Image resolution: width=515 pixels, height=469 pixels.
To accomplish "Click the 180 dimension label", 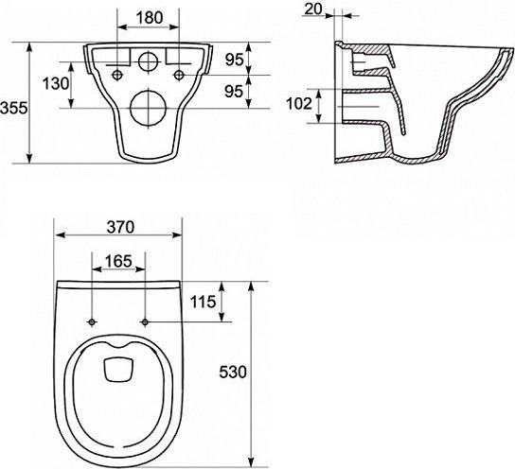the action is coord(150,17).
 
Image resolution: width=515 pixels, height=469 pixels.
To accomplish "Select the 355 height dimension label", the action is coord(14,108).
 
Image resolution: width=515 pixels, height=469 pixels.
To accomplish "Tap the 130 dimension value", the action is coord(56,83).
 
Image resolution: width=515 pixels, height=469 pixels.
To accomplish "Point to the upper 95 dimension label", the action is coord(234,60).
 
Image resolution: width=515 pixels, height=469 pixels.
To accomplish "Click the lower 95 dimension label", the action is coord(234,91).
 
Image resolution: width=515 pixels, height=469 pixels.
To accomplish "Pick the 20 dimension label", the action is coord(313,9).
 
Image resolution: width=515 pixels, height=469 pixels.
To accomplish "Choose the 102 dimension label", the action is coord(299,104).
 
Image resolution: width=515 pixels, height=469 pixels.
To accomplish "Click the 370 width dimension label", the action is coord(120,227).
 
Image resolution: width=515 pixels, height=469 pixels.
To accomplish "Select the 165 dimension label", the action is coord(118,261).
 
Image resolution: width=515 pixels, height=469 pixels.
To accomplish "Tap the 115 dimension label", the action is coord(204,302).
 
